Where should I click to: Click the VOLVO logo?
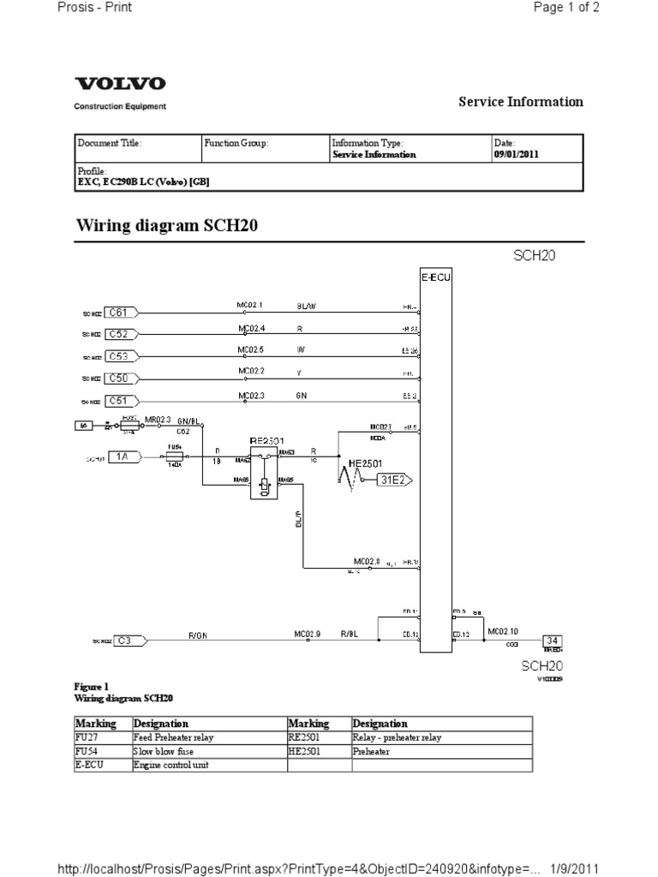click(121, 84)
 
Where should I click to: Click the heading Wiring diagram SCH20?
click(167, 225)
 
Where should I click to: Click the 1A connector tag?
click(123, 457)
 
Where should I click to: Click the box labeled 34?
click(553, 639)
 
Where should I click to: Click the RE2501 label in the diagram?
click(266, 439)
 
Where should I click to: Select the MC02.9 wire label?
click(307, 635)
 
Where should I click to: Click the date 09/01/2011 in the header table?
click(516, 155)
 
